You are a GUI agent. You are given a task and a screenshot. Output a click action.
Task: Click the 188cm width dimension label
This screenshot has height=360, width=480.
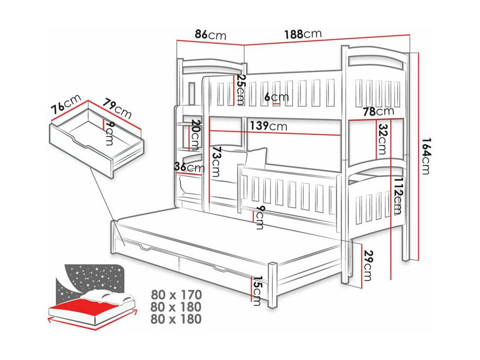click(x=303, y=34)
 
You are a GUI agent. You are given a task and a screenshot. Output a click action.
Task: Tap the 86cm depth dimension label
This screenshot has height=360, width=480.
click(x=210, y=35)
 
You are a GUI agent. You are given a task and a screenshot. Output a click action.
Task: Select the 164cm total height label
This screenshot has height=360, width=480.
click(x=426, y=156)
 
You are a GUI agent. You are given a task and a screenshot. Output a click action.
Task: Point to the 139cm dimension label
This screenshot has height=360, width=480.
click(x=268, y=125)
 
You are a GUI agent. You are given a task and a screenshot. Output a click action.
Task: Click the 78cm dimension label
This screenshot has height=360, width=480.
click(x=378, y=111)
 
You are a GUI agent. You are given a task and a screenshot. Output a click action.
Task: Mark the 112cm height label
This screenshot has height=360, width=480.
click(x=398, y=195)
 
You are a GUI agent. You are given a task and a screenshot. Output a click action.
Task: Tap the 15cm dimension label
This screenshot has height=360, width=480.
click(x=256, y=291)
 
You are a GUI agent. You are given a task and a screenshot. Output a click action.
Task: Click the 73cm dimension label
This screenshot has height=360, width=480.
click(x=215, y=162)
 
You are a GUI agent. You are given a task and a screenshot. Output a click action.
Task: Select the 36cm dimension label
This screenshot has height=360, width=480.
click(x=189, y=167)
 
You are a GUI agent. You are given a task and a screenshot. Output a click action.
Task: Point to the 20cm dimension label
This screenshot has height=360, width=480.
click(x=195, y=135)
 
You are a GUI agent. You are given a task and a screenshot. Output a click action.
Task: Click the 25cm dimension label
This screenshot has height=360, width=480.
click(x=240, y=89)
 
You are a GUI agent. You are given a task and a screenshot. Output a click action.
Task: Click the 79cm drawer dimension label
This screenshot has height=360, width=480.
click(x=117, y=108)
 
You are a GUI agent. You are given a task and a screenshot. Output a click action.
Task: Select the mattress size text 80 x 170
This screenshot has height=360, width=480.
click(x=176, y=294)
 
